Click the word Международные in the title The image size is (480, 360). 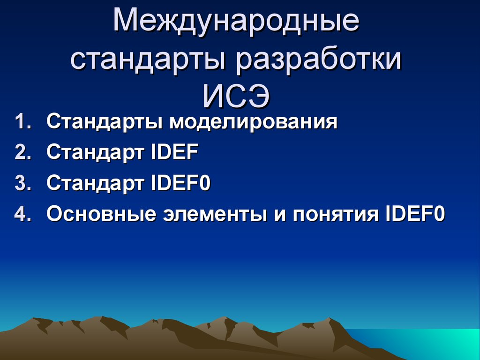[x=236, y=22]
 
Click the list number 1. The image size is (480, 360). [x=23, y=121]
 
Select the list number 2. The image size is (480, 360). [x=23, y=152]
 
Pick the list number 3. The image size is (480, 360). [x=23, y=183]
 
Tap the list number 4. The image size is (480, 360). [x=23, y=214]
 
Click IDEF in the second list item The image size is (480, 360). [x=175, y=152]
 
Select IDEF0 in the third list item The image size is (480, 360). [x=180, y=183]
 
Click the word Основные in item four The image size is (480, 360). [x=101, y=214]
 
